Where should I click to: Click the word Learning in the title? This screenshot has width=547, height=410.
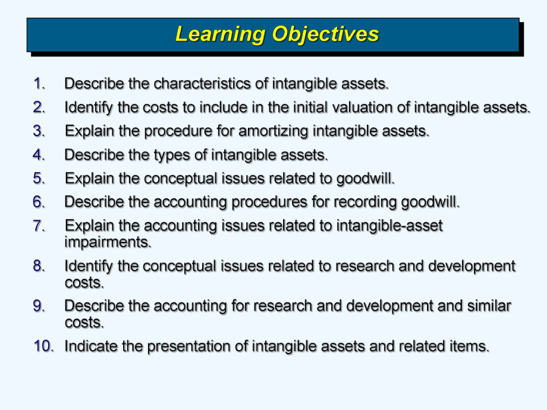coord(221,35)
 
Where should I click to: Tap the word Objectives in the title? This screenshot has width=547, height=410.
coord(325,34)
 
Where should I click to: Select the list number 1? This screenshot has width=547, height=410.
coord(39,84)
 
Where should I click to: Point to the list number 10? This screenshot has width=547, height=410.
coord(43,346)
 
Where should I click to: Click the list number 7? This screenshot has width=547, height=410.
coord(39,226)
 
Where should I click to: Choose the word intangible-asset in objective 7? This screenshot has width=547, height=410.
coord(389,226)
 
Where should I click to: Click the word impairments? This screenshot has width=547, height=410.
coord(108,242)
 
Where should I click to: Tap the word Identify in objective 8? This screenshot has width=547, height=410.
coord(89,266)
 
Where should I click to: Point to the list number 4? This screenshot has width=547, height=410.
coord(39,155)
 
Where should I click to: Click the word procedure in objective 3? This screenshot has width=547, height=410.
coord(178,131)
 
